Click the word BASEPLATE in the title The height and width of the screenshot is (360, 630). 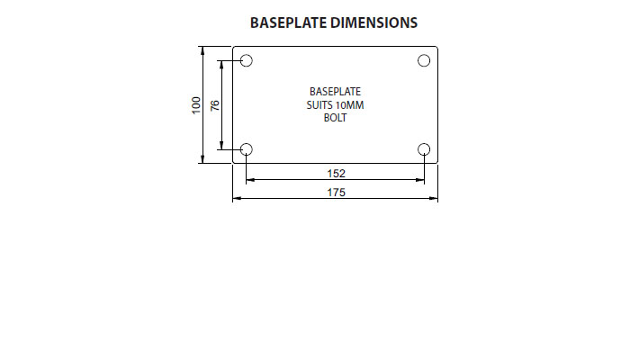coord(288,22)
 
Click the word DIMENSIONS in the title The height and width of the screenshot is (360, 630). coord(374,22)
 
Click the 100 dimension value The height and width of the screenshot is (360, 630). coord(196,105)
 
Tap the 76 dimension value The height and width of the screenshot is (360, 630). coord(215,105)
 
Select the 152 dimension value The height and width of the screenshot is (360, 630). coord(337,174)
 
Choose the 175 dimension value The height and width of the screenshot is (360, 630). coord(337,193)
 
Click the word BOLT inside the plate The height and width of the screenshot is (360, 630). coord(335,118)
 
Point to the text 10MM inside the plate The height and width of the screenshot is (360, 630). coord(349,105)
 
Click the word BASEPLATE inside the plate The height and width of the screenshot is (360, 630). coord(335,92)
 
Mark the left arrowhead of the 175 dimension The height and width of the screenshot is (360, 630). coord(237,198)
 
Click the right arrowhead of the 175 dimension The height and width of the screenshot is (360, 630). coord(434,198)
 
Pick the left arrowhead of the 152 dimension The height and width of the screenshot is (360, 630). coord(250,180)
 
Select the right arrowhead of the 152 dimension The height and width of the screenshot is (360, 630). coord(420,180)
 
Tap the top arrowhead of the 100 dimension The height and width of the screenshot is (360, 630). coord(202,50)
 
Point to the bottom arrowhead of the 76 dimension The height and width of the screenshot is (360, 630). coord(221,146)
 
